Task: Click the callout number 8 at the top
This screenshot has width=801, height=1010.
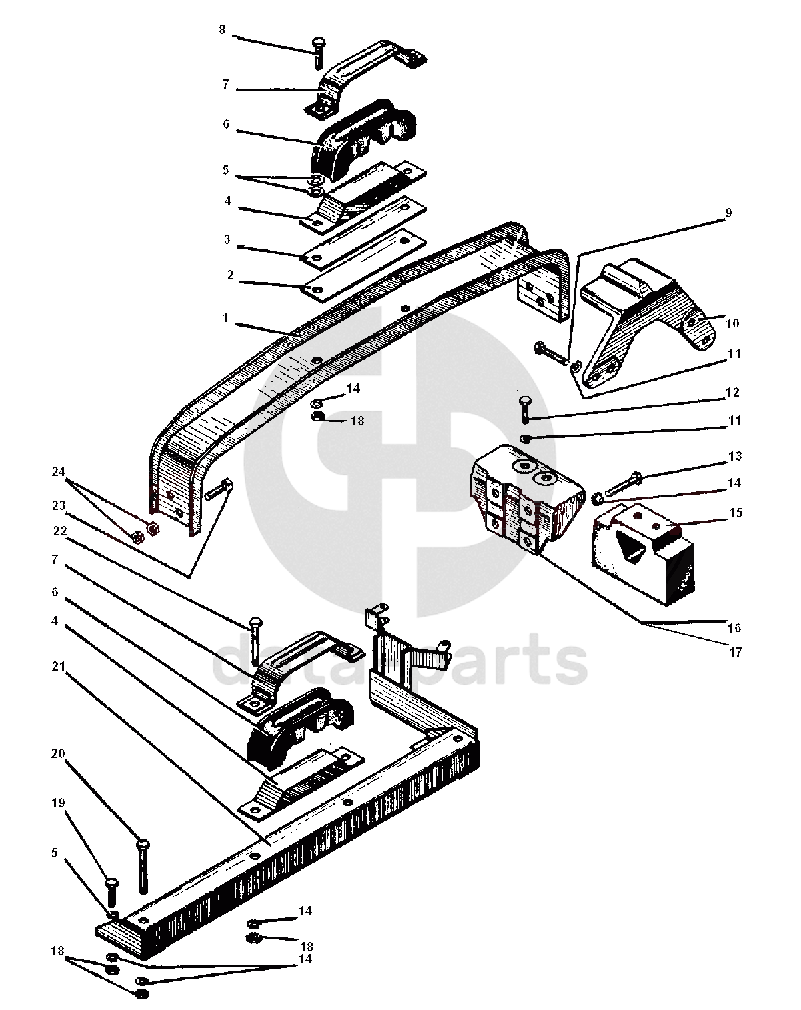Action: tap(222, 29)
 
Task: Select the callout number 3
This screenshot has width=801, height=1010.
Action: tap(227, 240)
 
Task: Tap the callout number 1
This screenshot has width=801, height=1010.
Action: tap(226, 318)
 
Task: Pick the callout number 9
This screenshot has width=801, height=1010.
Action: tap(728, 213)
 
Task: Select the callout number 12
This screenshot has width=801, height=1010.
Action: tap(732, 392)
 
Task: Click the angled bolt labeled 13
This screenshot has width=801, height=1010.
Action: tap(624, 485)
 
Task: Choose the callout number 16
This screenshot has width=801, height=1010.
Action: tap(734, 627)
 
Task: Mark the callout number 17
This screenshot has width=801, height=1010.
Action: tap(735, 652)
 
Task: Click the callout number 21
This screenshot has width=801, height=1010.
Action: tap(58, 667)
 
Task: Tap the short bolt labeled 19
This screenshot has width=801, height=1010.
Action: tap(113, 893)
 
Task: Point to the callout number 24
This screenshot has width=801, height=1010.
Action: tap(58, 472)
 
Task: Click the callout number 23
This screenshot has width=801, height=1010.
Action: tap(58, 505)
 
